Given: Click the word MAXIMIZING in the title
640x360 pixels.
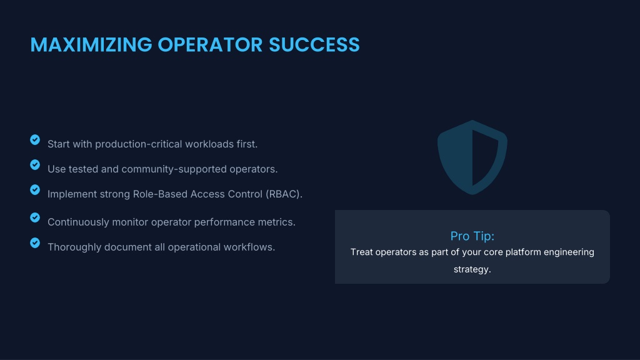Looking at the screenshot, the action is click(x=91, y=44).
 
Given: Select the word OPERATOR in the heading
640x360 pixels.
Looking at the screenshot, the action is click(x=210, y=44).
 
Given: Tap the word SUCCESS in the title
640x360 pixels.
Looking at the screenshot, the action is click(x=314, y=44).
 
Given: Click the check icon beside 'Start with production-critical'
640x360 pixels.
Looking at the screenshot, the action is click(x=35, y=140).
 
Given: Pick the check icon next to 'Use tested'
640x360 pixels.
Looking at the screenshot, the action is click(x=35, y=165).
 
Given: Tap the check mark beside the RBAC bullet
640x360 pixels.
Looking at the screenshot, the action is click(x=35, y=190).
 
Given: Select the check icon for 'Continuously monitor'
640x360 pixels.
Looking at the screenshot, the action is click(x=35, y=217).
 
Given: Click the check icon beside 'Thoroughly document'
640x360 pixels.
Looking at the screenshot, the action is click(x=35, y=243).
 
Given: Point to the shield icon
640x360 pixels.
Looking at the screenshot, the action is click(x=472, y=157).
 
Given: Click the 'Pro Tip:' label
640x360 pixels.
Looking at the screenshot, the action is click(x=472, y=236).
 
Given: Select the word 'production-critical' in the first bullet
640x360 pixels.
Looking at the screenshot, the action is click(x=139, y=144).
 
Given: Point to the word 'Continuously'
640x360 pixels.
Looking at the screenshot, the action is click(x=78, y=222).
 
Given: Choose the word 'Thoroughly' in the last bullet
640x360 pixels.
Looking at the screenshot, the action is click(x=75, y=247).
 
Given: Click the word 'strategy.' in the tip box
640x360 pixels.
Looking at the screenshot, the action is click(x=472, y=269).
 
